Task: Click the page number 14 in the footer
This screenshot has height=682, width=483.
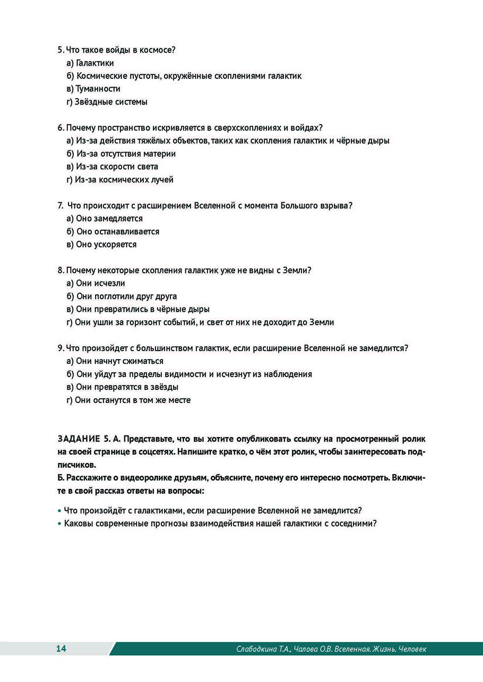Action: (x=61, y=649)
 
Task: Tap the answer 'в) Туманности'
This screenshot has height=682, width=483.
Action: (x=93, y=89)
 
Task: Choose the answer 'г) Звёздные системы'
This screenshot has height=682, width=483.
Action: (x=107, y=102)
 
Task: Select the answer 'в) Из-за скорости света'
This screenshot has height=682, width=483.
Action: (x=112, y=167)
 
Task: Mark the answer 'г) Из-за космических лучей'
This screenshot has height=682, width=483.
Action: (x=120, y=180)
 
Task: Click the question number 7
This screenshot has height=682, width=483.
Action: (x=60, y=206)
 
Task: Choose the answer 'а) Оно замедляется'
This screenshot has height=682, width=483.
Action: (x=105, y=218)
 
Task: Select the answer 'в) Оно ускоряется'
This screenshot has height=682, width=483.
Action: (x=101, y=244)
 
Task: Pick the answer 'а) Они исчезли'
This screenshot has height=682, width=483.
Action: (x=96, y=283)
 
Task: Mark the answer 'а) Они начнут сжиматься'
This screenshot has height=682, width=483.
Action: (x=115, y=361)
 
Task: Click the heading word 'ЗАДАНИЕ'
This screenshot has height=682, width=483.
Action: (x=77, y=439)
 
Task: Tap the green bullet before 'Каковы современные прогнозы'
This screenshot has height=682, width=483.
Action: (x=59, y=523)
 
